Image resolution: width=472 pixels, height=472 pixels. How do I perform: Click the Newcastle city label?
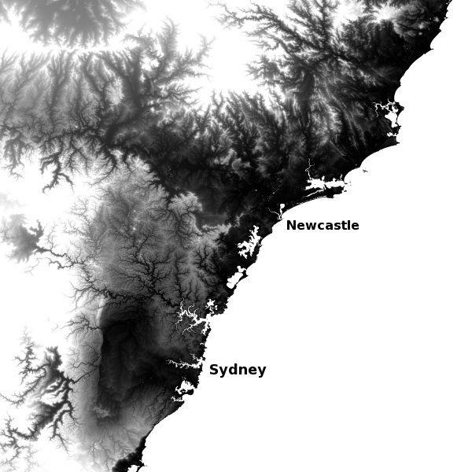click(323, 226)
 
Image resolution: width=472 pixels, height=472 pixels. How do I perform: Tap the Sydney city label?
click(238, 370)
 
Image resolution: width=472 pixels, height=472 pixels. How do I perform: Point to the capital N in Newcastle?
click(291, 226)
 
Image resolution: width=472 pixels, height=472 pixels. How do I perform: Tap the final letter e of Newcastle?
click(355, 227)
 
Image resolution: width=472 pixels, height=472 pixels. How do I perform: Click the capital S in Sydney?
click(214, 370)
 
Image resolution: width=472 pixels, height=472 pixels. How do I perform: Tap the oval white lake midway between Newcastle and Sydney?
click(237, 276)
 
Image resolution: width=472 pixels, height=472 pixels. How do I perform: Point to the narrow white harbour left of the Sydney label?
click(185, 363)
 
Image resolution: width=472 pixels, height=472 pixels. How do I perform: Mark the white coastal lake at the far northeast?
click(389, 118)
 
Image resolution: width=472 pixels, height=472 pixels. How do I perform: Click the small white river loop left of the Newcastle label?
click(279, 211)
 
